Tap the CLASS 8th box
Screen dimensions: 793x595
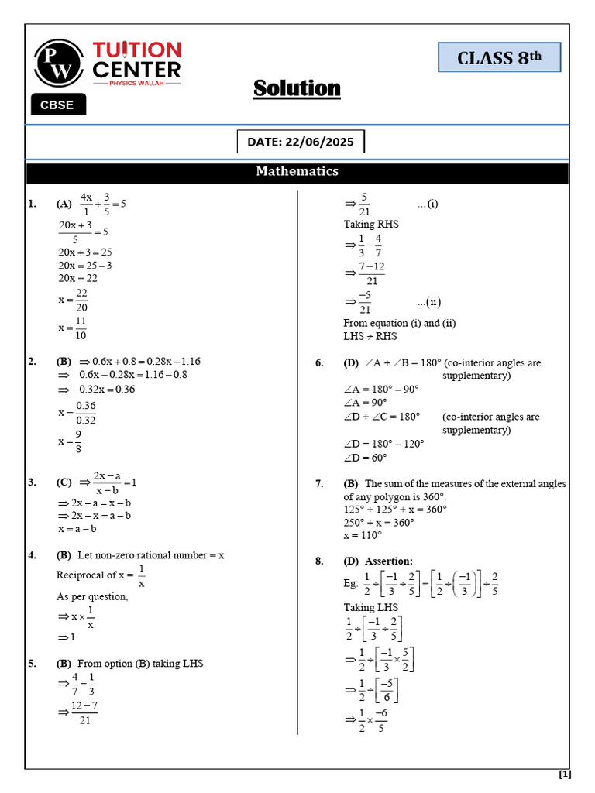click(x=498, y=57)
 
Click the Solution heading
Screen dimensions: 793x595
click(x=297, y=88)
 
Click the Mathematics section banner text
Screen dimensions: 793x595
click(x=297, y=171)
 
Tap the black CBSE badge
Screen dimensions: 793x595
click(x=57, y=105)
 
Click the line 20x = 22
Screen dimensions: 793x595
click(x=77, y=278)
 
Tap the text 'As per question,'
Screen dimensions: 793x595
click(x=92, y=596)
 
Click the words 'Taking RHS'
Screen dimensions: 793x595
click(x=371, y=224)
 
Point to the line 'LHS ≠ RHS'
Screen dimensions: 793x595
click(x=370, y=336)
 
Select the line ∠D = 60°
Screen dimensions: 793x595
click(x=365, y=458)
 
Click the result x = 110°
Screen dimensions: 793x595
click(x=363, y=535)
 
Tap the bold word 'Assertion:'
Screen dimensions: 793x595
click(x=389, y=561)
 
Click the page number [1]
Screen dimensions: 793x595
click(x=564, y=774)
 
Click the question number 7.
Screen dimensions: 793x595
click(x=319, y=483)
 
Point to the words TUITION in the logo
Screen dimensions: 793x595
click(x=136, y=51)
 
